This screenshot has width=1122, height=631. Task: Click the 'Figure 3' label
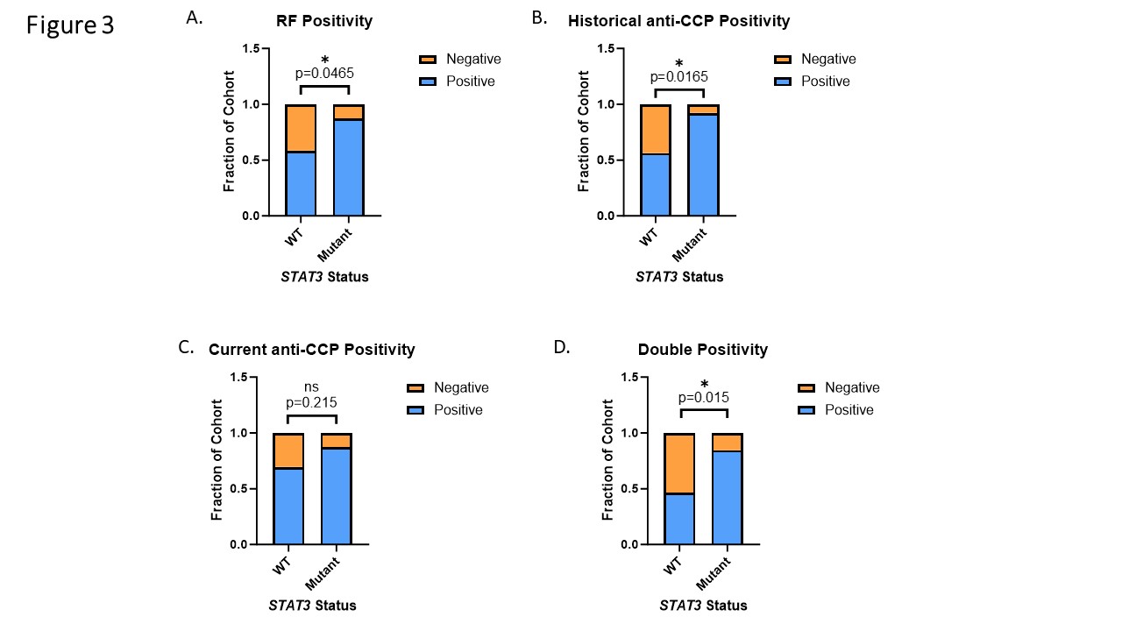click(x=70, y=25)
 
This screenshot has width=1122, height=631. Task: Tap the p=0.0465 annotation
click(x=324, y=74)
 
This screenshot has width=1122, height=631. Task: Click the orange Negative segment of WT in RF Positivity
click(x=301, y=128)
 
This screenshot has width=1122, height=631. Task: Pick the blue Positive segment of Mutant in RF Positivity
click(x=349, y=167)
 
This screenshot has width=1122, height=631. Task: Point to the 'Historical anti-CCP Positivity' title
click(x=678, y=21)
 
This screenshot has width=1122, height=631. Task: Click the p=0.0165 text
click(x=679, y=76)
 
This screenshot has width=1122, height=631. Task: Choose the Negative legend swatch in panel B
click(x=783, y=59)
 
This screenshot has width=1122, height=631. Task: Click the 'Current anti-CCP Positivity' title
click(x=311, y=350)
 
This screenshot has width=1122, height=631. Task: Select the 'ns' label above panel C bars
click(x=312, y=387)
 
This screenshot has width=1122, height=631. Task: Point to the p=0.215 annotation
click(x=312, y=403)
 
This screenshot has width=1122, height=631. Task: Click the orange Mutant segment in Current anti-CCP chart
click(x=337, y=441)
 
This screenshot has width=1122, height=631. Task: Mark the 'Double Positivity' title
click(x=702, y=350)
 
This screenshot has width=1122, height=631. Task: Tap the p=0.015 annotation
click(x=703, y=398)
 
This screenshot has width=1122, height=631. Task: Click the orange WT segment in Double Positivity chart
click(x=679, y=464)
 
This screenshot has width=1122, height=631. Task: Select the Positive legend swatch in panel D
click(x=806, y=410)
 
